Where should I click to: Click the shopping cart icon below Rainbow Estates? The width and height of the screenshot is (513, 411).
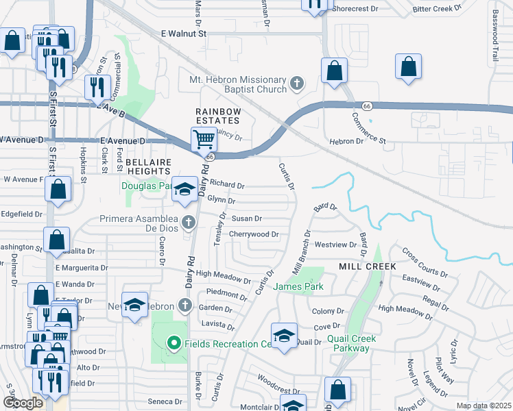pos(204,139)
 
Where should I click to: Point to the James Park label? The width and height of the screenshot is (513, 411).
pos(299,286)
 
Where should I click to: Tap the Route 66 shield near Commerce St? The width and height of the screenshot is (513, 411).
pos(367,105)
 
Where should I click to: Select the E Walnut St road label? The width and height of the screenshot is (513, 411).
pos(174,33)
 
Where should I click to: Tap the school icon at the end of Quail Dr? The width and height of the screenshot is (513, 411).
pos(284,336)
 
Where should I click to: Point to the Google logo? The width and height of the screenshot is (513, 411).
pos(23,403)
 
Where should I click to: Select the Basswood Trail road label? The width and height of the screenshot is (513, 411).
pos(494,40)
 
